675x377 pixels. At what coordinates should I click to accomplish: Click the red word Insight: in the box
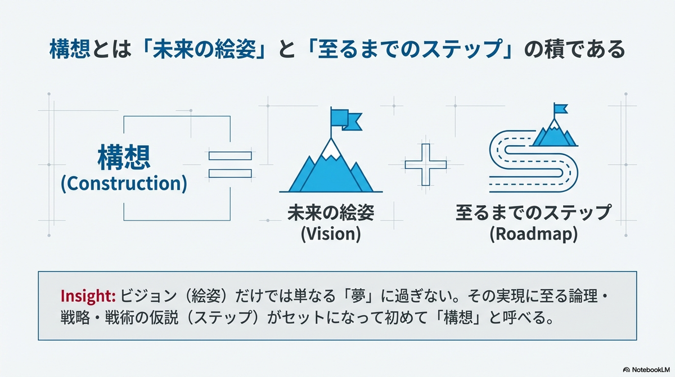(88, 296)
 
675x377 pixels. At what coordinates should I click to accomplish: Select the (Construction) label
(124, 183)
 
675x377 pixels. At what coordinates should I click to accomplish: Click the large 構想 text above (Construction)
(124, 158)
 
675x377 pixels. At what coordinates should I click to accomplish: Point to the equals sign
(230, 164)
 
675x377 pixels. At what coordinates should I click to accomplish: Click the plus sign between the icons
(426, 164)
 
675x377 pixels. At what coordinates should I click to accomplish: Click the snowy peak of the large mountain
(331, 149)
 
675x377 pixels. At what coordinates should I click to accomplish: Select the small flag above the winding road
(560, 109)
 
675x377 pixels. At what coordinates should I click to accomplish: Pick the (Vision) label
(331, 234)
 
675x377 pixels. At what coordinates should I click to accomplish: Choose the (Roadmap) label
(534, 234)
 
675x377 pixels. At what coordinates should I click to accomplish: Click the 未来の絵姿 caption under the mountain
(331, 213)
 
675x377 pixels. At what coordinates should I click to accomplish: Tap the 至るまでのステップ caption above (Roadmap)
(534, 213)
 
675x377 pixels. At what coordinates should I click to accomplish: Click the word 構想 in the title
(70, 48)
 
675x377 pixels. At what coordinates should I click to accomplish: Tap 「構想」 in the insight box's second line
(457, 317)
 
